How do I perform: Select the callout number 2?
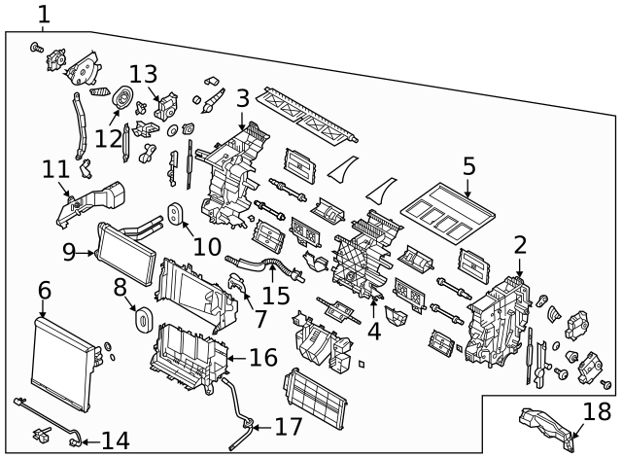(x=520, y=244)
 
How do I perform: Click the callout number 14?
(x=115, y=440)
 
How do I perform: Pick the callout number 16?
(x=262, y=358)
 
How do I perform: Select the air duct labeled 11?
(x=92, y=201)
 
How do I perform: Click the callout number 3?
(x=242, y=97)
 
